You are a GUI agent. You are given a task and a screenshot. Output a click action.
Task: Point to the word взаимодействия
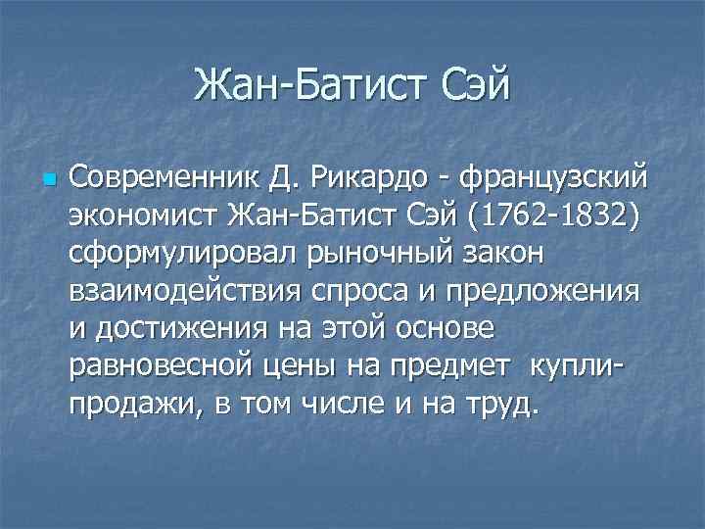tap(184, 292)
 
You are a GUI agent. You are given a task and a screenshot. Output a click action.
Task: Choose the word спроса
tap(357, 292)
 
